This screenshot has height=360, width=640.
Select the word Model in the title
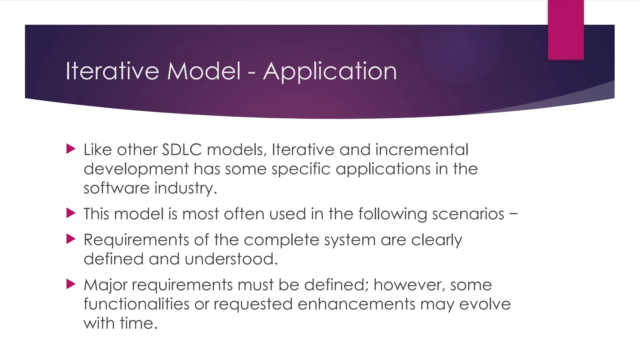click(x=204, y=71)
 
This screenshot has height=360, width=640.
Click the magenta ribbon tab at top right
click(x=566, y=30)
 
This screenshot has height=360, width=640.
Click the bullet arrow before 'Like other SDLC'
click(x=71, y=149)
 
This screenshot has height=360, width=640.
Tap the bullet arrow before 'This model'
click(x=71, y=213)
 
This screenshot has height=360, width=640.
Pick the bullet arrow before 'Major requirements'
click(x=71, y=284)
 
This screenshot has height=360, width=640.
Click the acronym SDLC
click(x=182, y=149)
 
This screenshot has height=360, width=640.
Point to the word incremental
click(x=422, y=149)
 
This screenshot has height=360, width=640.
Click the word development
click(x=136, y=169)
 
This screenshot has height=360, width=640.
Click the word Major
click(x=106, y=285)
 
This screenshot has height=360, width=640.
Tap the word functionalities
click(x=136, y=304)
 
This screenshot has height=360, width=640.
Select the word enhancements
click(x=356, y=304)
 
